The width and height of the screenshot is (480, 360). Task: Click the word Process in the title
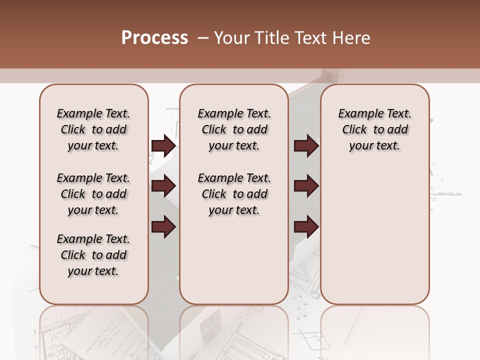point(154,38)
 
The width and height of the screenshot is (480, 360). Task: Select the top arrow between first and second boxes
point(163,146)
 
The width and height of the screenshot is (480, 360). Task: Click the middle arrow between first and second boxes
point(163,186)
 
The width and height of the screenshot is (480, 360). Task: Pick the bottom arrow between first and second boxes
point(163,227)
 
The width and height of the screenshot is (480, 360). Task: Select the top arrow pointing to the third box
point(306,146)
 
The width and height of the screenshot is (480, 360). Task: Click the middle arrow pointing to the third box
point(306,186)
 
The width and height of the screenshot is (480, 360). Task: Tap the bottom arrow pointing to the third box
point(306,227)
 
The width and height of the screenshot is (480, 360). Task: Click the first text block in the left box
point(93,129)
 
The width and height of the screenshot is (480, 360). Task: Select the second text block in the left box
point(93,194)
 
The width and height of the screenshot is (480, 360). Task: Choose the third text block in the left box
point(93,255)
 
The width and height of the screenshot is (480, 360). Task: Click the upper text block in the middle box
point(234,129)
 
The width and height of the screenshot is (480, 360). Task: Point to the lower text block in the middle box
point(234,194)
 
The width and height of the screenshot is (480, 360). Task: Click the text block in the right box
point(374,129)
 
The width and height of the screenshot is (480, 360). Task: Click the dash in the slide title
point(203,38)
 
